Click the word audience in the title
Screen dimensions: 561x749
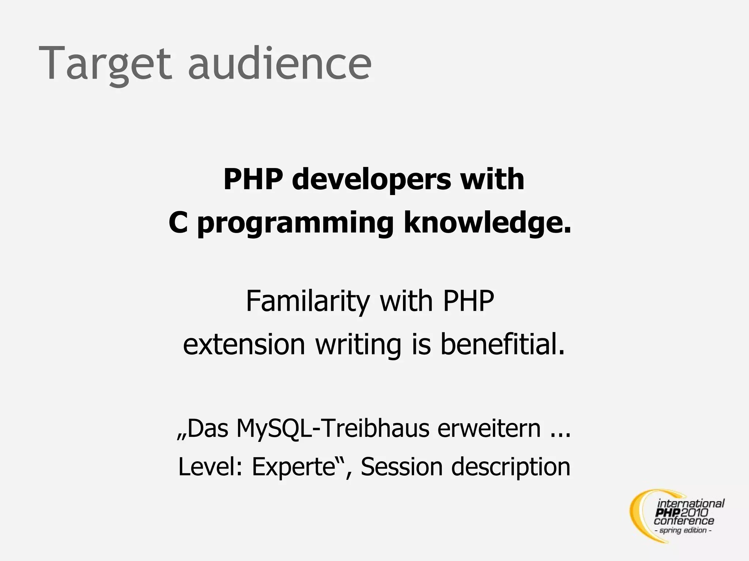(x=280, y=63)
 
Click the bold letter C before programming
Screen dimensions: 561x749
(x=178, y=223)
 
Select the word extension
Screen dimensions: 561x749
(x=244, y=344)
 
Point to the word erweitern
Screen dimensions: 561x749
(x=489, y=428)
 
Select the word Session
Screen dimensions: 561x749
(x=402, y=466)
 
